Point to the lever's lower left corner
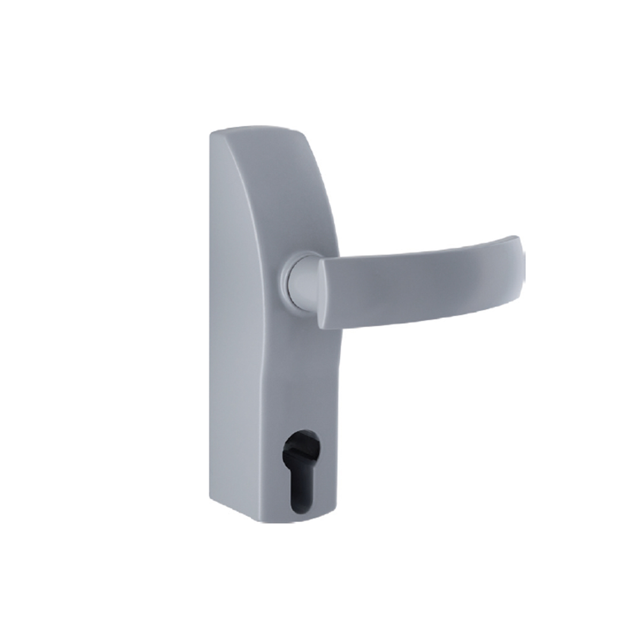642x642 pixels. point(321,326)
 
